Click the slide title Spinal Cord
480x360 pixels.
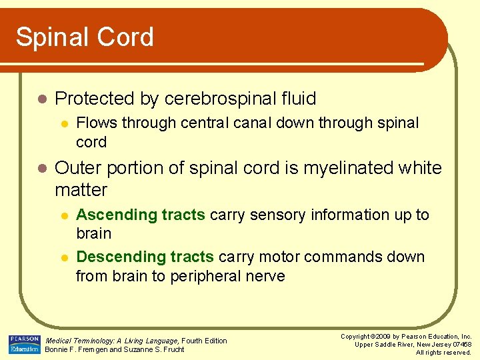pos(85,37)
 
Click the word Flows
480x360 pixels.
pos(93,123)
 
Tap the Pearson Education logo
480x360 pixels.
pos(24,344)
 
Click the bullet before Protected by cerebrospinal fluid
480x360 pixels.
pos(42,99)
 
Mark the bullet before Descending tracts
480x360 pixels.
pos(63,257)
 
